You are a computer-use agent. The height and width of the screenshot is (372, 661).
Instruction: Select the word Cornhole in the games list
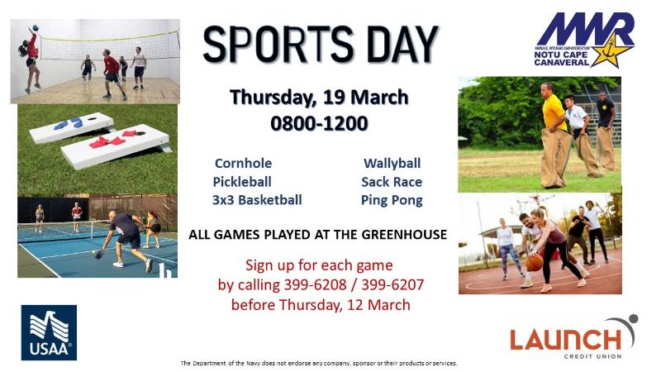(243, 163)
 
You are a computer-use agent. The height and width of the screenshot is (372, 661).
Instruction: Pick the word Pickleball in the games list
(242, 181)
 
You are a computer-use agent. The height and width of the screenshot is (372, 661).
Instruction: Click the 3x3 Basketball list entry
(257, 199)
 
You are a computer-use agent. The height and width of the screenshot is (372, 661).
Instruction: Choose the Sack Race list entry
(392, 181)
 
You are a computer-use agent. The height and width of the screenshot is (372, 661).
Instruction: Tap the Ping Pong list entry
(392, 199)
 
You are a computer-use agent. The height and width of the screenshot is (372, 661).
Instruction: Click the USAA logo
(49, 332)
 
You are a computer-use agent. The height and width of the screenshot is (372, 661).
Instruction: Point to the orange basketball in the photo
(535, 262)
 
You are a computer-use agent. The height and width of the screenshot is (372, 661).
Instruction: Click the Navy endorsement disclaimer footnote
(319, 362)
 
